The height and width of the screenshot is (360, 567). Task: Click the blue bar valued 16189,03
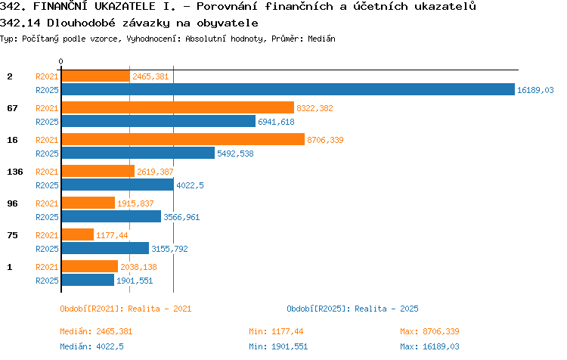288,90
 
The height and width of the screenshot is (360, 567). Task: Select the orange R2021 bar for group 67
178,108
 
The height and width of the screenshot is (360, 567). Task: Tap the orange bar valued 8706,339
184,140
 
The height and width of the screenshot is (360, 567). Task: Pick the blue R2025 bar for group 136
118,185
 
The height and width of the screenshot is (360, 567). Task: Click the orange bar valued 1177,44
78,234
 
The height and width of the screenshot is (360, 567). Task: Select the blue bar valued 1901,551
88,280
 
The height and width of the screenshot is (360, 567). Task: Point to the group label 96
12,203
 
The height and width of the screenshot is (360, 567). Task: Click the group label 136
15,172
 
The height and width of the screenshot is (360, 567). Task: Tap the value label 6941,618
276,122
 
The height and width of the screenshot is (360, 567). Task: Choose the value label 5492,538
235,154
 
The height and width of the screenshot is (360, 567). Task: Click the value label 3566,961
181,217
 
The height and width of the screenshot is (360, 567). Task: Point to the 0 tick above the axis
60,61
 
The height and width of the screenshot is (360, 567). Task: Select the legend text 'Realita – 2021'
160,309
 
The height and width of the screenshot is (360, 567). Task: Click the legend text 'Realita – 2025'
386,309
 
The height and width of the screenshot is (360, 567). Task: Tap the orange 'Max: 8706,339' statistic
429,331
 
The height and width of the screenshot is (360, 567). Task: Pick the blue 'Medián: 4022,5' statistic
91,346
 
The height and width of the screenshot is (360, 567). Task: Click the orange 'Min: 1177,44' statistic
276,331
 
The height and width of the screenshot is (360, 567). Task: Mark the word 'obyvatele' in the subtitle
228,23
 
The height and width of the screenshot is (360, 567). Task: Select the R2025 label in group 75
47,249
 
